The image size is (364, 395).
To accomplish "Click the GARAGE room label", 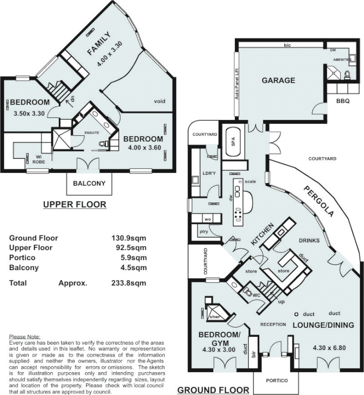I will (x=278, y=80).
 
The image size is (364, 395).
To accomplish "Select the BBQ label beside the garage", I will (x=343, y=100).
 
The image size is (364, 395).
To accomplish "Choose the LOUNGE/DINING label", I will (x=323, y=325).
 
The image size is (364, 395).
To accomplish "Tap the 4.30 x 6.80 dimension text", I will (x=329, y=347).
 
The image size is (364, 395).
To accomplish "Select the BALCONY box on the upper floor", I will (x=89, y=183).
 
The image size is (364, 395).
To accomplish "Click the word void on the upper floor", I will (x=159, y=102).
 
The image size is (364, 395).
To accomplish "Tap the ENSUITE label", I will (x=92, y=133).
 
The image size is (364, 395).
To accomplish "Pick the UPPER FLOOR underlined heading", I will (x=74, y=204).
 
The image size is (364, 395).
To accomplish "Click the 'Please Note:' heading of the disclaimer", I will (x=24, y=336).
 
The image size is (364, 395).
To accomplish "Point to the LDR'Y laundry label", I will (x=207, y=173).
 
